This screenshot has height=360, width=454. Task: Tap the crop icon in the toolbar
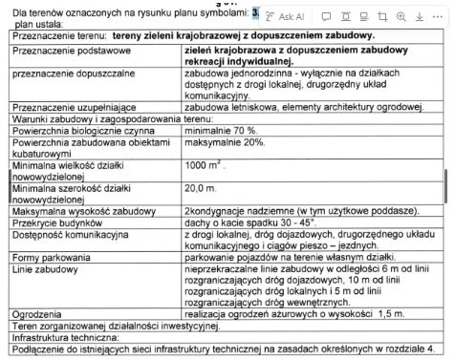pyautogui.click(x=383, y=17)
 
